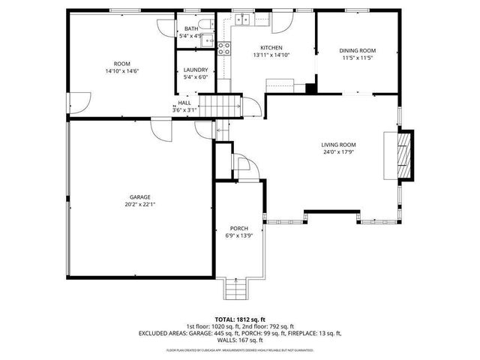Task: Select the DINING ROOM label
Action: click(x=358, y=51)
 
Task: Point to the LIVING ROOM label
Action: click(x=338, y=145)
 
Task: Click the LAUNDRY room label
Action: click(x=195, y=70)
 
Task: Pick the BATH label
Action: click(x=187, y=28)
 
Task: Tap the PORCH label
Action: click(x=238, y=228)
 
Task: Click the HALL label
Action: click(x=184, y=103)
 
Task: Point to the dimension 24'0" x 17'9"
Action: click(x=338, y=152)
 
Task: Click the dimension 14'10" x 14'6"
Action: click(x=122, y=70)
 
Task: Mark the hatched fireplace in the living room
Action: click(x=404, y=156)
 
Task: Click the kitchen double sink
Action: click(x=242, y=19)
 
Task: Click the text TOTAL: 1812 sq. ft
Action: click(x=239, y=319)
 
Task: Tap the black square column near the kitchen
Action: click(x=310, y=88)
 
